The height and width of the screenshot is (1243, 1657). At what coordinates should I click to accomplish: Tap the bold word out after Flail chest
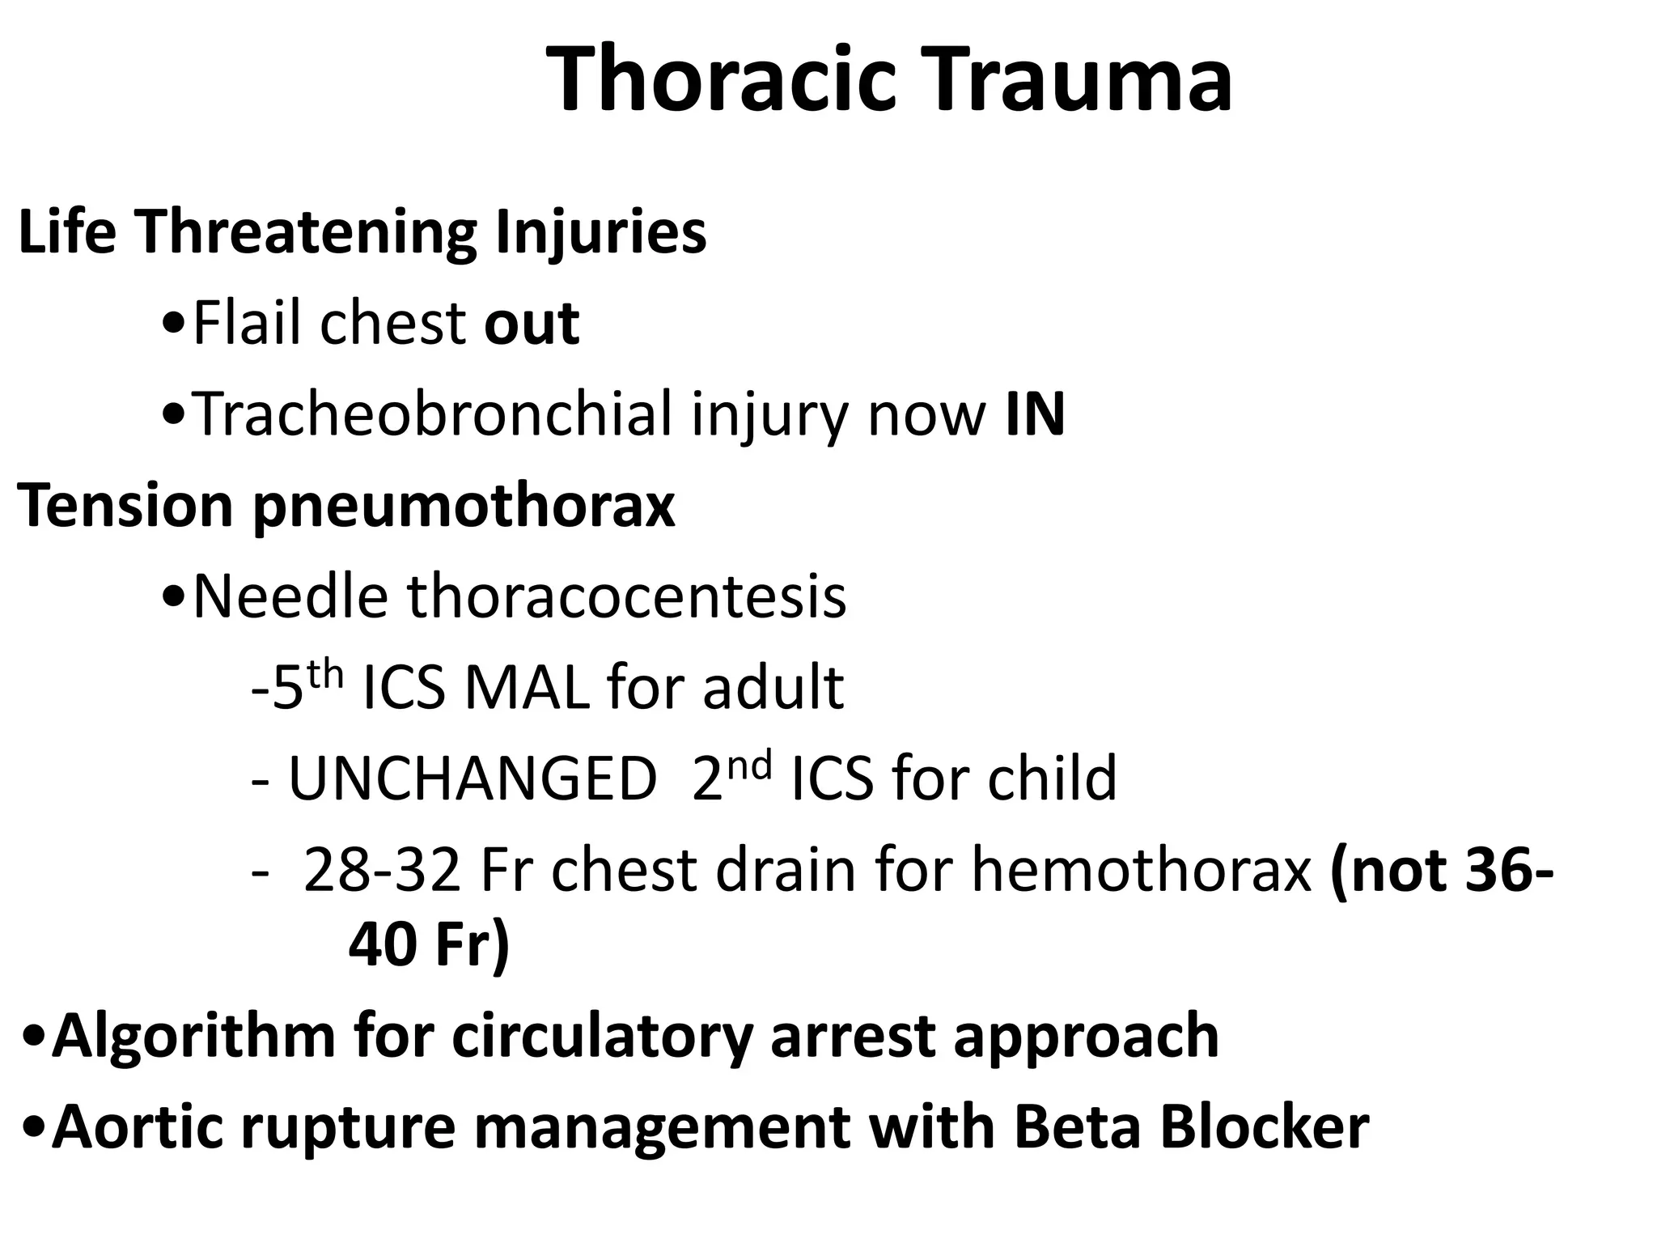point(532,324)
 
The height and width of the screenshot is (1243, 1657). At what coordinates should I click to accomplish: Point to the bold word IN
point(1035,414)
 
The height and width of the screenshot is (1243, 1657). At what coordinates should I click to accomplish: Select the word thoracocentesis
point(625,596)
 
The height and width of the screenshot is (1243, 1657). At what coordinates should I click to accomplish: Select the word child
point(1054,778)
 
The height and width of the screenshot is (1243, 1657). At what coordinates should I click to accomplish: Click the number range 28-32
point(382,871)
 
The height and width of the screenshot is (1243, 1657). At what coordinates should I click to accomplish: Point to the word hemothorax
point(1141,871)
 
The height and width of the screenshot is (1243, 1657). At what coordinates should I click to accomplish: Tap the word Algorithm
point(193,1037)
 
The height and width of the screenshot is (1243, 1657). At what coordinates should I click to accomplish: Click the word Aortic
point(137,1127)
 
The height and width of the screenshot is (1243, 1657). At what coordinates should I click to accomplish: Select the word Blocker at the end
point(1265,1127)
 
